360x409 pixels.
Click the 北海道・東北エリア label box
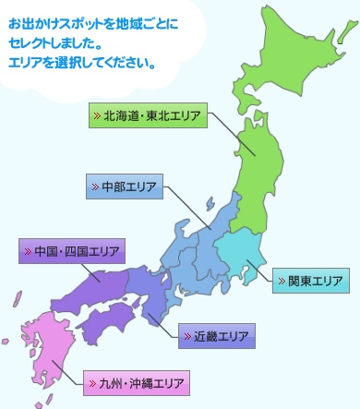tap(147, 117)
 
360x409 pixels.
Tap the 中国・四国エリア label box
tap(72, 251)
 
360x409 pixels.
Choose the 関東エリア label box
tap(310, 281)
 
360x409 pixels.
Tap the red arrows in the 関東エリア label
tap(281, 281)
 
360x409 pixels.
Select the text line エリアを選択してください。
tap(81, 64)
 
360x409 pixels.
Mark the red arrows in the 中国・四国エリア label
tap(28, 251)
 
